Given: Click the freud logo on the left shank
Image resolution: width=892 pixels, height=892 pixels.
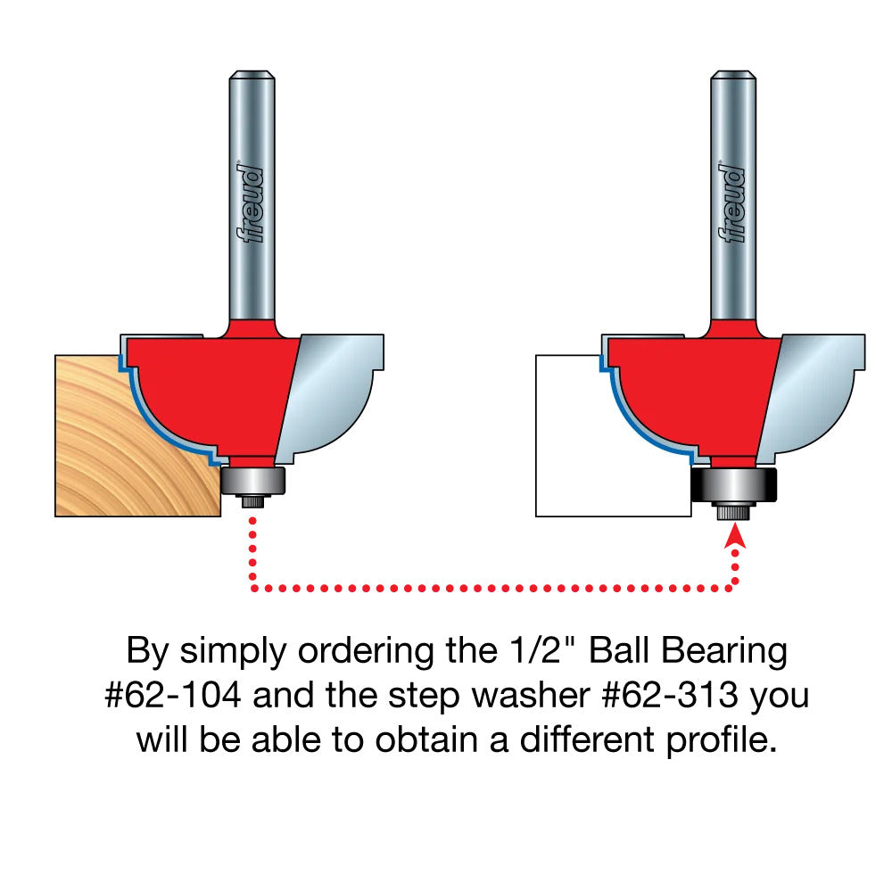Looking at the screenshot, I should click(x=252, y=202).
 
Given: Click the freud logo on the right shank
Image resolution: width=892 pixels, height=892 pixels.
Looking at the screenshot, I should click(x=733, y=202).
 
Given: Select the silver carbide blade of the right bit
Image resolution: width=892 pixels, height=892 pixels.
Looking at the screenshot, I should click(x=812, y=392).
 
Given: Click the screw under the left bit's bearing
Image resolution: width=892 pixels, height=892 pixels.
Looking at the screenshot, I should click(x=253, y=502).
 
